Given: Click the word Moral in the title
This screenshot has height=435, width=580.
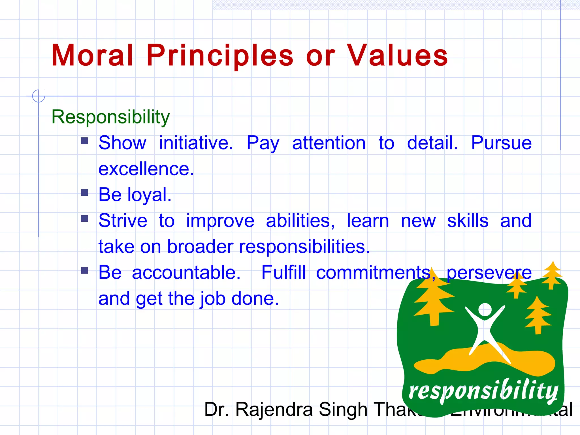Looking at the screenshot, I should (92, 56).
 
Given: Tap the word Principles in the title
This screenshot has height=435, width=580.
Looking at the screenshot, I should (220, 56).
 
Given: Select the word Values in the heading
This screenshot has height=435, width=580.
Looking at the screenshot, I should (397, 56).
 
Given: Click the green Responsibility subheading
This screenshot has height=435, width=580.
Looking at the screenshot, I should (110, 117).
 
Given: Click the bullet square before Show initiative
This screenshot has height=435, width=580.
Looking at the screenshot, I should (84, 141).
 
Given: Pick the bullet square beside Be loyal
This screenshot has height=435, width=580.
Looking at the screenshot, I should (84, 193).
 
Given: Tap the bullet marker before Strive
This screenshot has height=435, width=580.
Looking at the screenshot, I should (84, 219).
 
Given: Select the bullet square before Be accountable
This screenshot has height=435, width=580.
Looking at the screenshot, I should (84, 270).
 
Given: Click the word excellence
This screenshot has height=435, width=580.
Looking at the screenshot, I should (146, 169).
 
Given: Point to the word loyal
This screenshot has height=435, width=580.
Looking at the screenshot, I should (149, 195).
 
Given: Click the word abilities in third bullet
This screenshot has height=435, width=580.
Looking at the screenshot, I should (300, 221).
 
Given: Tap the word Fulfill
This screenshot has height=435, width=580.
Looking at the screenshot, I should (283, 273).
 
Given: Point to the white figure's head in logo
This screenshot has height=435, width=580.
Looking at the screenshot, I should (485, 309).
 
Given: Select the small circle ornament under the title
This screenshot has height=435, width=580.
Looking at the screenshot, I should (39, 96).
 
